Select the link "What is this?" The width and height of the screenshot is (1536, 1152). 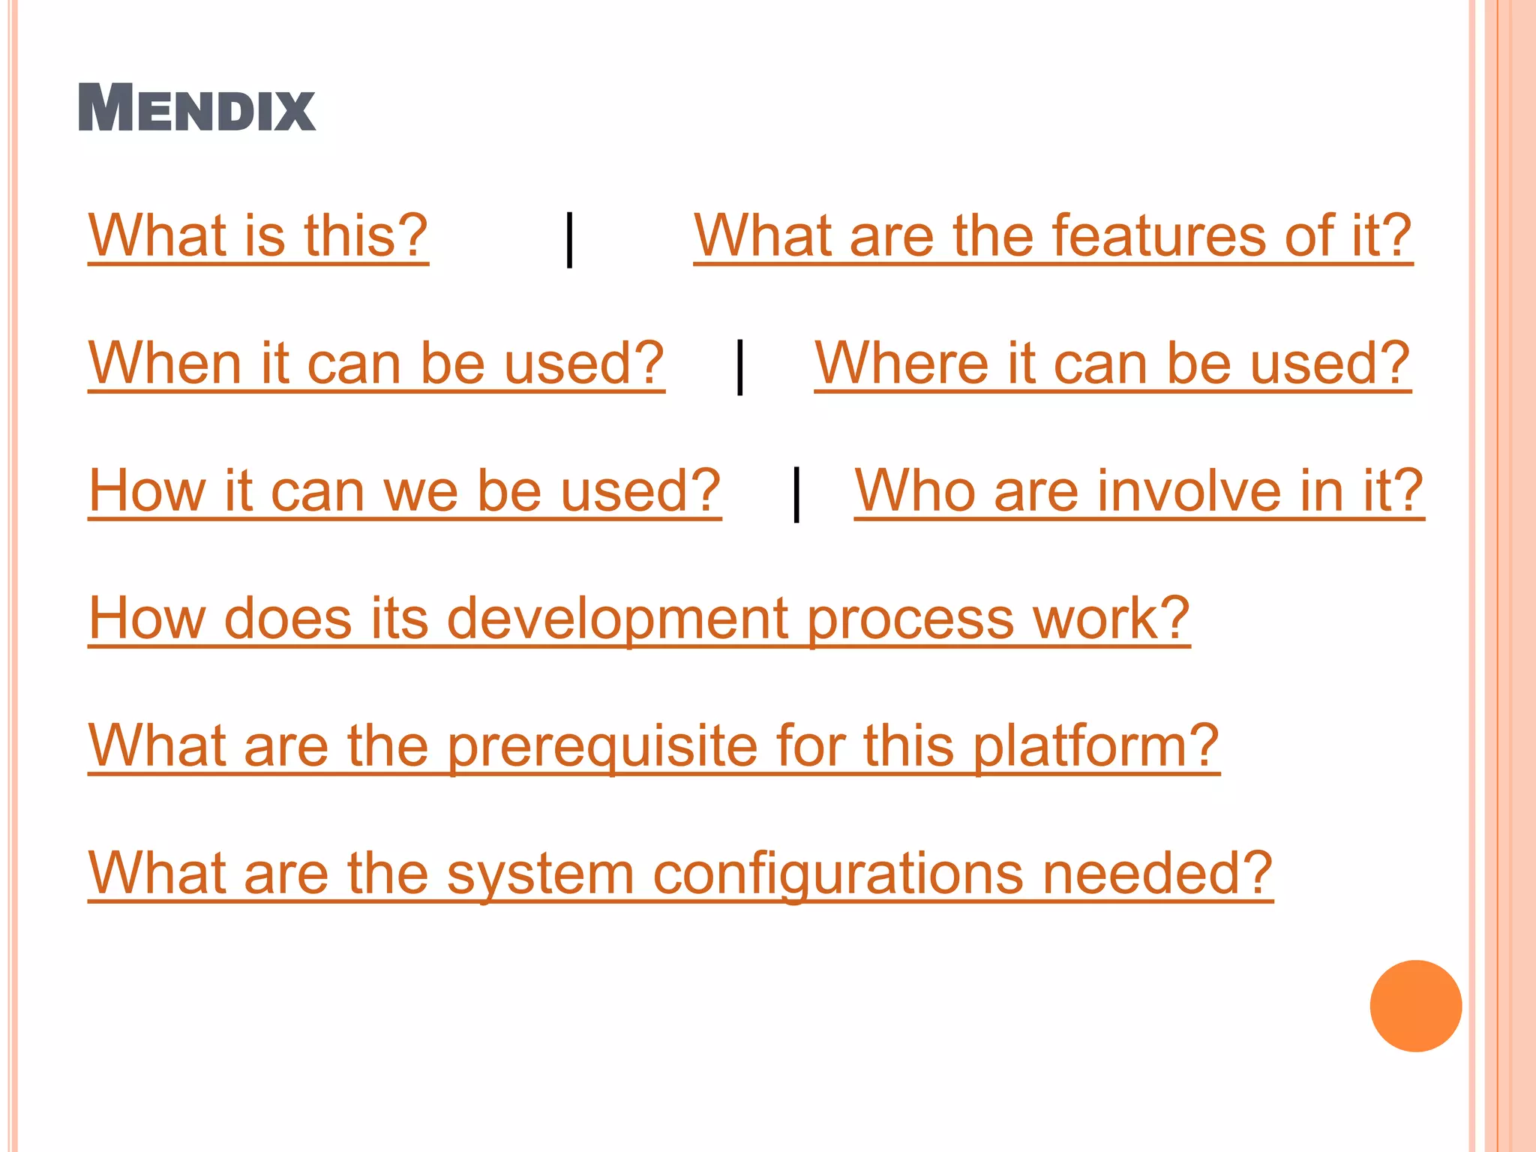tap(258, 236)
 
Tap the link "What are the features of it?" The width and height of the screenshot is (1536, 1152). tap(1052, 236)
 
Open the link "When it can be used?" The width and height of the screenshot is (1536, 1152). tap(376, 364)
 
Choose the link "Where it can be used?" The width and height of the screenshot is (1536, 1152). tap(1112, 364)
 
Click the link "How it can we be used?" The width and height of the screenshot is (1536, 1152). tap(404, 491)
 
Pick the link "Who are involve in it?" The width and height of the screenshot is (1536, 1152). tap(1138, 491)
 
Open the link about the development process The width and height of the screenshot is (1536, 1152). tap(638, 619)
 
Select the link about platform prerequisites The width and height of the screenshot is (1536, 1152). tap(653, 747)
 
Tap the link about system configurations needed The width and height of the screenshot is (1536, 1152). tap(680, 874)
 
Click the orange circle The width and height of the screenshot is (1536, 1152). tap(1415, 1006)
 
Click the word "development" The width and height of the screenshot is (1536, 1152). tap(616, 619)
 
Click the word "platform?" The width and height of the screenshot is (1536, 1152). tap(1096, 747)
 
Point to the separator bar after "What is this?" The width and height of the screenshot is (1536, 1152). tap(570, 239)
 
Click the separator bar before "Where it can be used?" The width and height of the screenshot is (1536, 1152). tap(740, 367)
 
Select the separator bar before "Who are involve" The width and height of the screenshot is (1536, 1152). tap(796, 493)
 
